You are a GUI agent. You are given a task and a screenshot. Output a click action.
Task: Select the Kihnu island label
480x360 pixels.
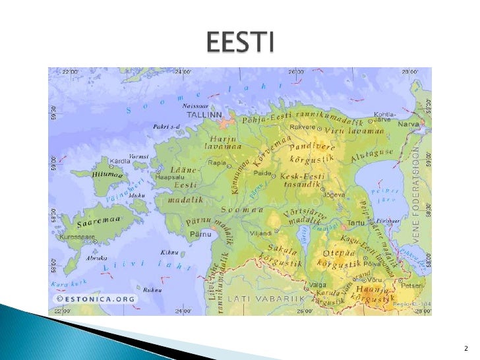pos(170,252)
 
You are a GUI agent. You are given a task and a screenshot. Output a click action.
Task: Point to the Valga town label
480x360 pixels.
pos(318,285)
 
